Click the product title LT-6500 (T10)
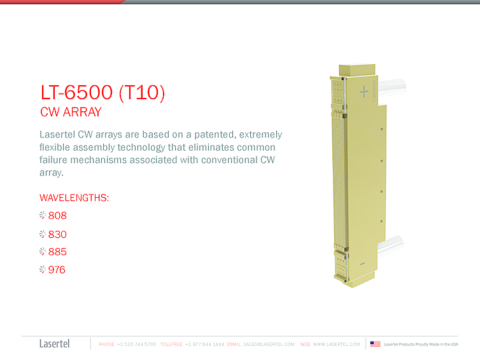102,93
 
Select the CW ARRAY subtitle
71,113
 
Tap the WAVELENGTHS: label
74,198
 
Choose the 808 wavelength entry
57,216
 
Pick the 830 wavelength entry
57,234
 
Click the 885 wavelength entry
57,252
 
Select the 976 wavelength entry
57,270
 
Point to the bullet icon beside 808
43,216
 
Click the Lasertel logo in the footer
54,344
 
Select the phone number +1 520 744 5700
137,344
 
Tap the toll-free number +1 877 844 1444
204,344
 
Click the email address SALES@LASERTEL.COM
269,344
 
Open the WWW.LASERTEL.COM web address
336,344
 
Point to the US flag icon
376,344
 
